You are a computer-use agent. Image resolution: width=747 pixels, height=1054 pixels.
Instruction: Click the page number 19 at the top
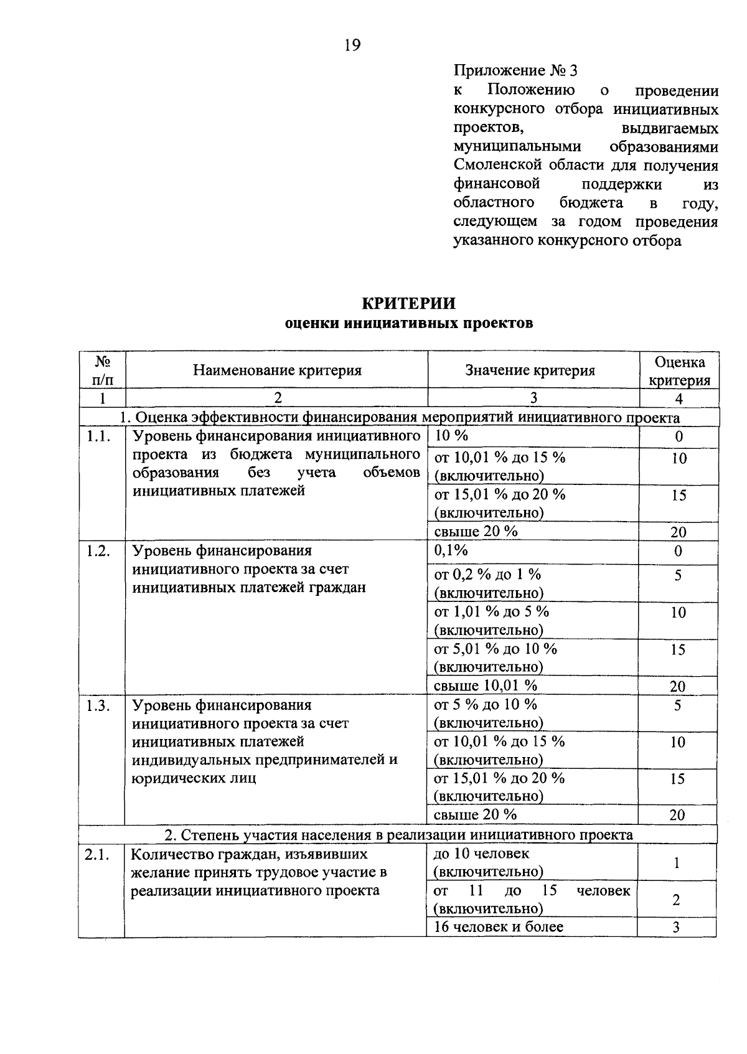coord(352,45)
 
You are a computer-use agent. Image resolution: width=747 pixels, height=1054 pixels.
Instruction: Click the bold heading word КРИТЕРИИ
coord(408,303)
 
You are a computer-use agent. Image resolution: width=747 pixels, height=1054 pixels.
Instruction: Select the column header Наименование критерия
coord(277,370)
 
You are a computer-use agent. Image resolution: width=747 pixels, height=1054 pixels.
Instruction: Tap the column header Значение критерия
coord(530,370)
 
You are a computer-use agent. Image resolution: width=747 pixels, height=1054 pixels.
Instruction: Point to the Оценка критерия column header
coord(680,371)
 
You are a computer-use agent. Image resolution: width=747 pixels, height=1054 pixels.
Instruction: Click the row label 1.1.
coord(100,436)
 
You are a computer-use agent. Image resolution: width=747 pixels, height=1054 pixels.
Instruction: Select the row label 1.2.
coord(100,551)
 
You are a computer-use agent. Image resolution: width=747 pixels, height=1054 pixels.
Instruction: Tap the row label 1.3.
coord(100,705)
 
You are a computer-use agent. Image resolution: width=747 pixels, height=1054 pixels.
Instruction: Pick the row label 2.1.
coord(98,855)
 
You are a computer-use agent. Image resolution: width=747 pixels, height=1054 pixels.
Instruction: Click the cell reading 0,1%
coord(451,550)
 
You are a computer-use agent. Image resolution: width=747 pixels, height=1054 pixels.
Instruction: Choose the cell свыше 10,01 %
coord(485,685)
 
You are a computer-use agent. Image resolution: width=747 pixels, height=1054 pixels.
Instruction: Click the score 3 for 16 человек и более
coord(677,928)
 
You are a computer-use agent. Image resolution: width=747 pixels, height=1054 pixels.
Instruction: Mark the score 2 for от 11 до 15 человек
coord(677,900)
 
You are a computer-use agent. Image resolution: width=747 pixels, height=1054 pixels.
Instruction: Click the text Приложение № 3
coord(515,70)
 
